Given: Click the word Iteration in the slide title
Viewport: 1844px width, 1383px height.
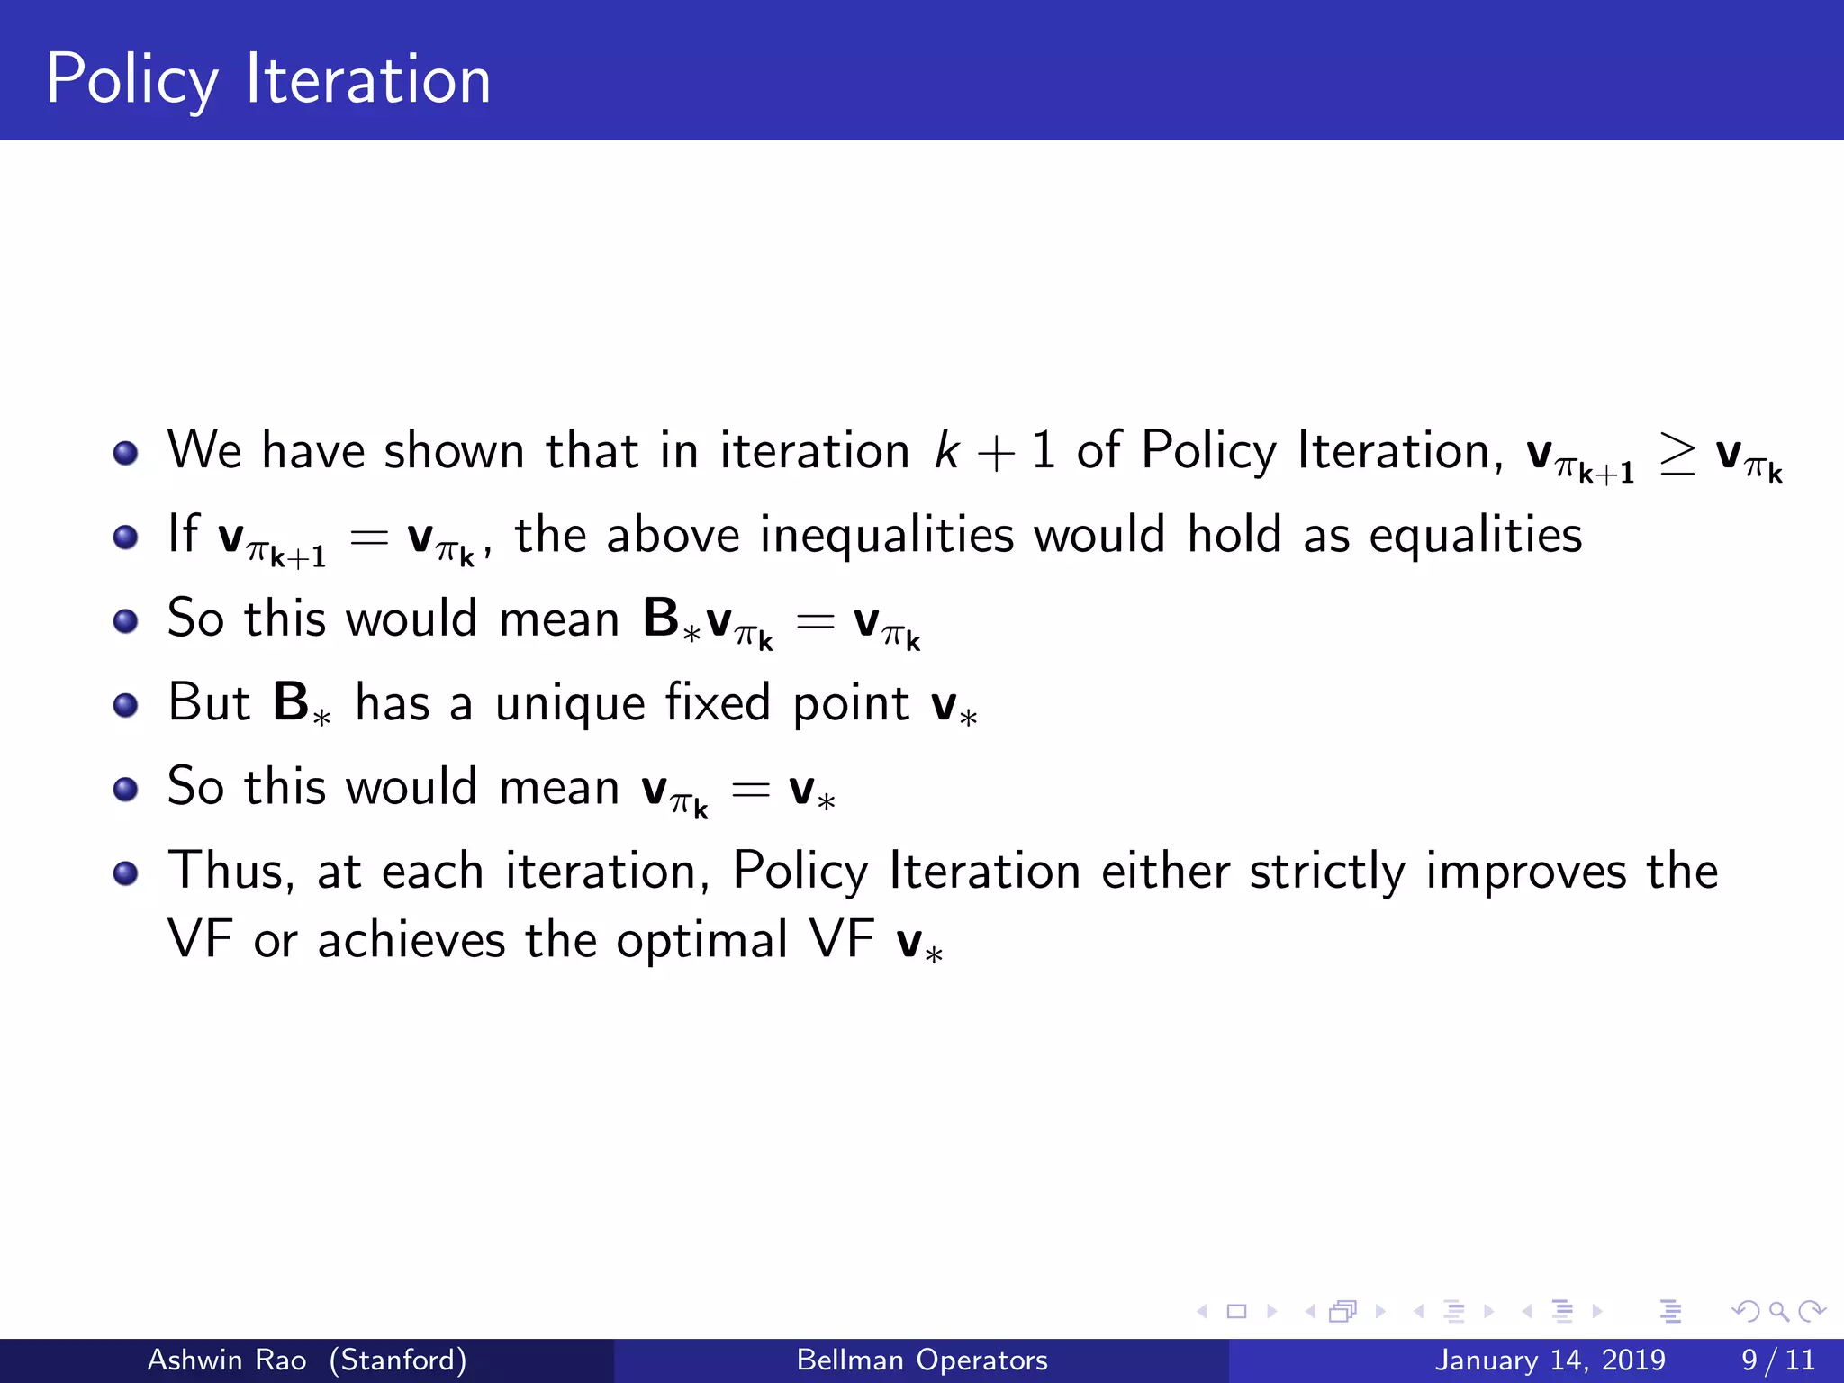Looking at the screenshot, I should [x=368, y=79].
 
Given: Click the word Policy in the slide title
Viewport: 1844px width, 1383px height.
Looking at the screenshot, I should [x=131, y=81].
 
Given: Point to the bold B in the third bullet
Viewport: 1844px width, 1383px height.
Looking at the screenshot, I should [x=661, y=619].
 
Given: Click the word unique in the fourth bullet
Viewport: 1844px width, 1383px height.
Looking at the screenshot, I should [x=570, y=704].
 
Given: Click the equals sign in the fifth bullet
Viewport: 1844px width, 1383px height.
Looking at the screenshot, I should [x=750, y=791].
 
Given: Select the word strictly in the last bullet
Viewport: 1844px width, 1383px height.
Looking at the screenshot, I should [x=1326, y=872].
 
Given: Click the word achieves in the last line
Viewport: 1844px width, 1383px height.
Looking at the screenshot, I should [x=411, y=941].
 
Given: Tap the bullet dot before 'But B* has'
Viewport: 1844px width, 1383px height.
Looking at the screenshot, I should [x=126, y=705].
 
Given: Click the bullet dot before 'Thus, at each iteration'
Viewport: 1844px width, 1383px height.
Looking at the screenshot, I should [x=126, y=872].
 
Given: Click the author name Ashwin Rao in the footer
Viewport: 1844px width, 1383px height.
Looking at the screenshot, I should [x=227, y=1360].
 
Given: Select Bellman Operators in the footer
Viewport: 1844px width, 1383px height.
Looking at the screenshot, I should [x=922, y=1360].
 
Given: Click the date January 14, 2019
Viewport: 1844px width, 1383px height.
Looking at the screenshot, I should [x=1550, y=1360].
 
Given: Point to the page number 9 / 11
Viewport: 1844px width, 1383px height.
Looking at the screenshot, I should [x=1777, y=1360].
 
